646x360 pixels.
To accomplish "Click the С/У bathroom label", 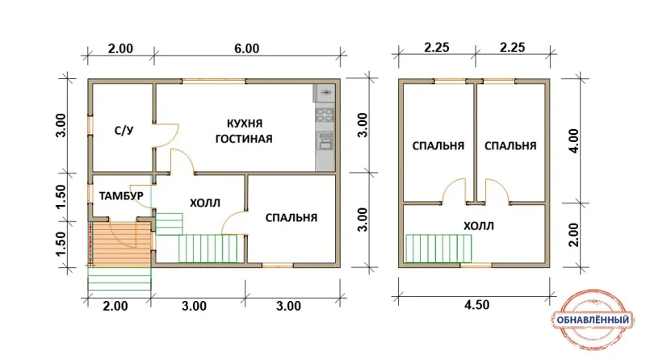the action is pos(124,131).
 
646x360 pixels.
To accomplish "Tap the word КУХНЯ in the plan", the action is pos(245,123).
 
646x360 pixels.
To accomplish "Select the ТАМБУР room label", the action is pos(121,195).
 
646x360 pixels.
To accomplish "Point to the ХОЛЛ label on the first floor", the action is pos(205,203).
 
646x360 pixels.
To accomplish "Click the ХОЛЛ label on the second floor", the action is pos(478,226).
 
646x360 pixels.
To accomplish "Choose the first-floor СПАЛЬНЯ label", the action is pos(291,217).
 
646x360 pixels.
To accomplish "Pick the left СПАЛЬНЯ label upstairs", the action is pos(438,146).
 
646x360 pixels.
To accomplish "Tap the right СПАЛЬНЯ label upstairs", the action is pos(510,146).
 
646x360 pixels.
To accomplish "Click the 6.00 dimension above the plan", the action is pos(247,48).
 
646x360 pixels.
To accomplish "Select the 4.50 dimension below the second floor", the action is pos(477,305).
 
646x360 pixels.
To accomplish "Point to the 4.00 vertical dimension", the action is pos(573,141).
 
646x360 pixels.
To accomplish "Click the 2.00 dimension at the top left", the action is pos(120,48).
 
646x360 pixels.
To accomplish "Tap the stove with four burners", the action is pos(325,114).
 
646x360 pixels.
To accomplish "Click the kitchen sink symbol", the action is pos(325,141).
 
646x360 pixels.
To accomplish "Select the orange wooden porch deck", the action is pos(120,244).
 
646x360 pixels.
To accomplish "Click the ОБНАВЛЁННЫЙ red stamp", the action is pos(593,319).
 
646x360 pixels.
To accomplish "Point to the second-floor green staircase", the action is pos(438,249).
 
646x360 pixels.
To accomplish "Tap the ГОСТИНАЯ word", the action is pos(244,138).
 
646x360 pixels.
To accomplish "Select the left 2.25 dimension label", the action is pos(437,48).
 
